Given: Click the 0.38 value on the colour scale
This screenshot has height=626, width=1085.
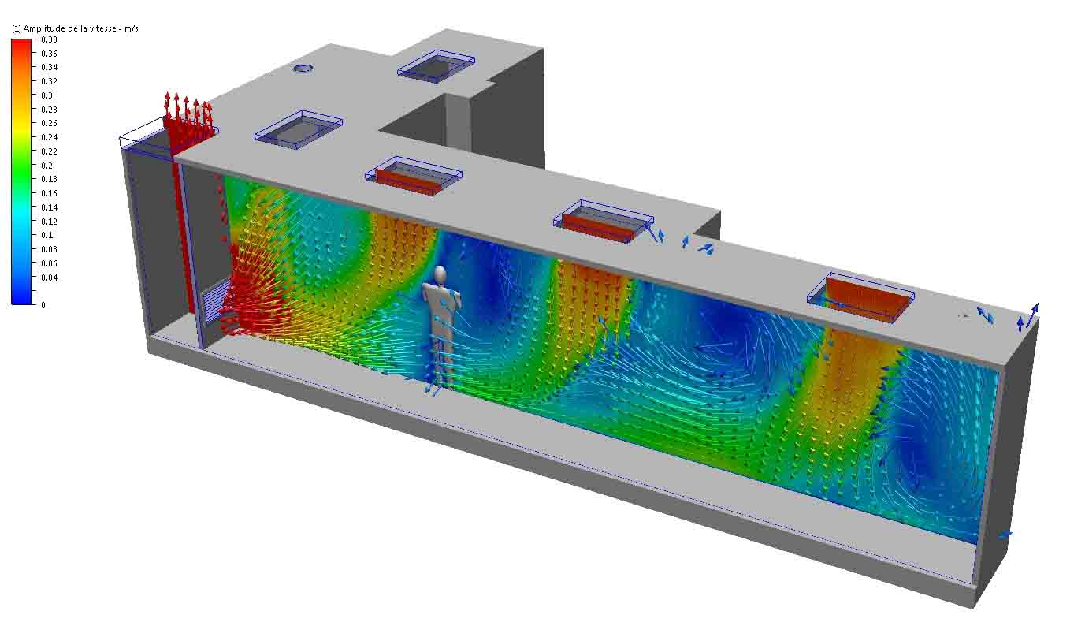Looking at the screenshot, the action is click(49, 39).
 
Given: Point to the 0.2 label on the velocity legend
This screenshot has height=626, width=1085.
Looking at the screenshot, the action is click(47, 166).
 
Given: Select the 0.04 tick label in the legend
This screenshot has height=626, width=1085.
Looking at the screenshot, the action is click(49, 278).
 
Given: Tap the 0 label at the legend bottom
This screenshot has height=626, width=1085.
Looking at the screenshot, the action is click(43, 305).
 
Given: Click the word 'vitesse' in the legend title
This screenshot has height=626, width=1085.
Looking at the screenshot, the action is click(102, 28).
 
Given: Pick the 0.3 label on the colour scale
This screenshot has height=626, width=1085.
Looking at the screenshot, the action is click(47, 95).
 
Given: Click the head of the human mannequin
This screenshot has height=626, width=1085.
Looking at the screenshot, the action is click(440, 275).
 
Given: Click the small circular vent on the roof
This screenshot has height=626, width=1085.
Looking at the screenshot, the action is click(303, 69).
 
